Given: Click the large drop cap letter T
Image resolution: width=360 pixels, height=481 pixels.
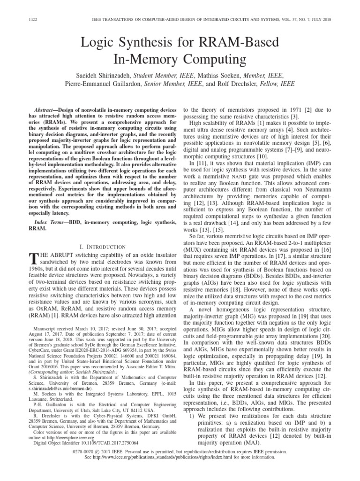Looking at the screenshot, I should click(33, 259).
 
